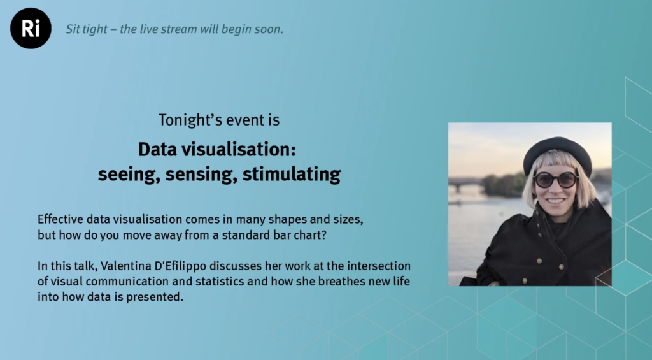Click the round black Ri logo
31,28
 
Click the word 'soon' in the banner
271,29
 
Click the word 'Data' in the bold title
153,149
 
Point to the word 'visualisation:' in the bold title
235,149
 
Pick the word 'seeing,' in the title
129,175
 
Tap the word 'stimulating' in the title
292,175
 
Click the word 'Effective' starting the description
61,219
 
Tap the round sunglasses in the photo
556,180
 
